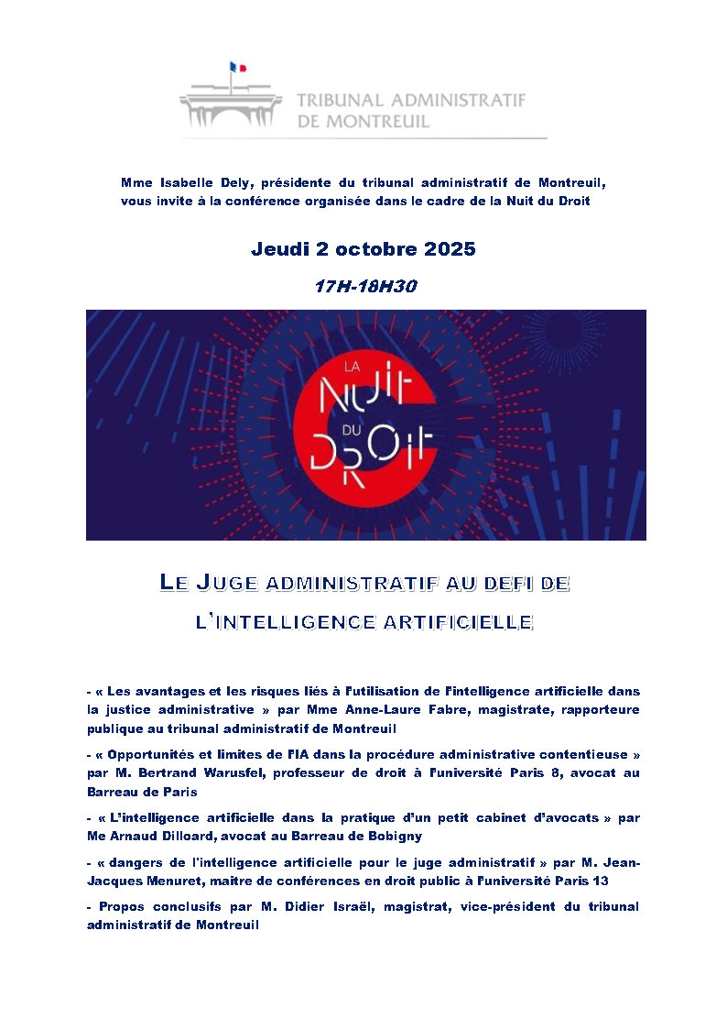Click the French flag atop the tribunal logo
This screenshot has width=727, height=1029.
238,67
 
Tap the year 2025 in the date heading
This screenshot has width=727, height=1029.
449,249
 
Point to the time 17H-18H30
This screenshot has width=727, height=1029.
365,286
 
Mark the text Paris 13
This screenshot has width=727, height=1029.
582,881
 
